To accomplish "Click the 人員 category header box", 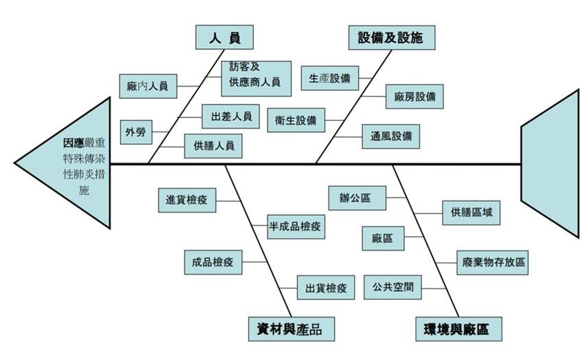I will click(224, 38).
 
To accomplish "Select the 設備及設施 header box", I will click(391, 38).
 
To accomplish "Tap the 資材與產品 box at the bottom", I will click(291, 329).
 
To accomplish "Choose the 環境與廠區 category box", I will click(458, 329).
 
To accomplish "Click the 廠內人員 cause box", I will click(148, 87).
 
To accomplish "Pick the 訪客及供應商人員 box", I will click(256, 78).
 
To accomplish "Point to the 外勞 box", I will click(136, 132).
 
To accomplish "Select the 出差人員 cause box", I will click(231, 116).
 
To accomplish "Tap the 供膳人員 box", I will click(213, 146).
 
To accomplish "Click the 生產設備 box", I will click(330, 78).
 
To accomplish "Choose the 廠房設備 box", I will click(414, 96).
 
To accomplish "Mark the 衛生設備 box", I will click(295, 120).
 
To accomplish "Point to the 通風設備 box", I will click(391, 137).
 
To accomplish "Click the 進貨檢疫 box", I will click(187, 201).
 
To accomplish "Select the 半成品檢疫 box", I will click(295, 226).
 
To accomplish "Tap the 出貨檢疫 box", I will click(326, 288).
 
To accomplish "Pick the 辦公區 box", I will click(357, 198).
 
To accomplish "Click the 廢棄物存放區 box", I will click(493, 263).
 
